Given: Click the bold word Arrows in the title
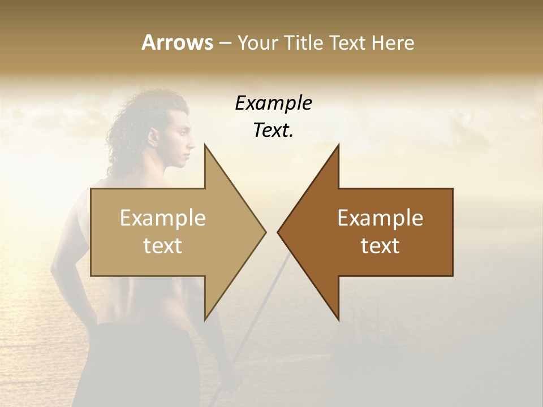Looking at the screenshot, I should coord(177,42).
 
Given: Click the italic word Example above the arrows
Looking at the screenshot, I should coord(273,103).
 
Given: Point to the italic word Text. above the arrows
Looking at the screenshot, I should coord(273,131).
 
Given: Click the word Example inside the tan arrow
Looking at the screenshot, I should coord(163,218).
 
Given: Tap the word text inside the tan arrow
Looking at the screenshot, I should coord(163,246).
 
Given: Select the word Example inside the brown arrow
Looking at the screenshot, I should coord(380,218).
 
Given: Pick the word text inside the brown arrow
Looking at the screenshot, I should coord(380,246).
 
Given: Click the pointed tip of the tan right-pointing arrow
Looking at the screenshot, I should coord(265,232).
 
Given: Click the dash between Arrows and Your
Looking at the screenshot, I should coord(224,44).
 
